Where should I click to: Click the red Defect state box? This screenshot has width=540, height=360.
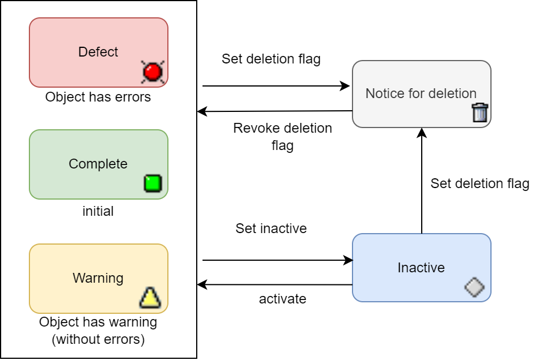tap(98, 52)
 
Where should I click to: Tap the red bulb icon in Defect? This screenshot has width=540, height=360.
tap(152, 72)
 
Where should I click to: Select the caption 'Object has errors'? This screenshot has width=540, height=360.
tap(98, 97)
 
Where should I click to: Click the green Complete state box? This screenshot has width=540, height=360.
tap(98, 164)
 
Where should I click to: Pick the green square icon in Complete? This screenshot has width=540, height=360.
tap(152, 183)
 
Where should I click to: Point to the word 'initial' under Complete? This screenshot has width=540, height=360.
tap(98, 211)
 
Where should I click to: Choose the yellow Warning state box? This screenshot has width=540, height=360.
tap(98, 278)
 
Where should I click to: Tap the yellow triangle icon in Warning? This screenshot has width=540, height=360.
tap(149, 298)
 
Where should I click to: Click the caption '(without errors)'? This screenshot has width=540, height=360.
tap(98, 339)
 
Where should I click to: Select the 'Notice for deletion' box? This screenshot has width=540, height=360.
tap(421, 93)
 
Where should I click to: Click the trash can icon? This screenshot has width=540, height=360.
tap(479, 112)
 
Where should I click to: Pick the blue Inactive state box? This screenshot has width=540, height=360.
tap(421, 268)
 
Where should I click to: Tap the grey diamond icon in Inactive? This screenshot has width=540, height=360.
tap(474, 287)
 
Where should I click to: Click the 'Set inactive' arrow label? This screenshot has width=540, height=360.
tap(271, 228)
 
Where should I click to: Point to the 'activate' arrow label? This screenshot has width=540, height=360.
tap(282, 299)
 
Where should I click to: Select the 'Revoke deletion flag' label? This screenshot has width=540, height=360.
tap(282, 136)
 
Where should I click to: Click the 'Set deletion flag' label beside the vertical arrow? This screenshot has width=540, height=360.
tap(479, 183)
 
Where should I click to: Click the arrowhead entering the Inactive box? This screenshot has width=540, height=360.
tap(348, 260)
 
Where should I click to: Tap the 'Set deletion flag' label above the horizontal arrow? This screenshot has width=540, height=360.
tap(271, 59)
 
